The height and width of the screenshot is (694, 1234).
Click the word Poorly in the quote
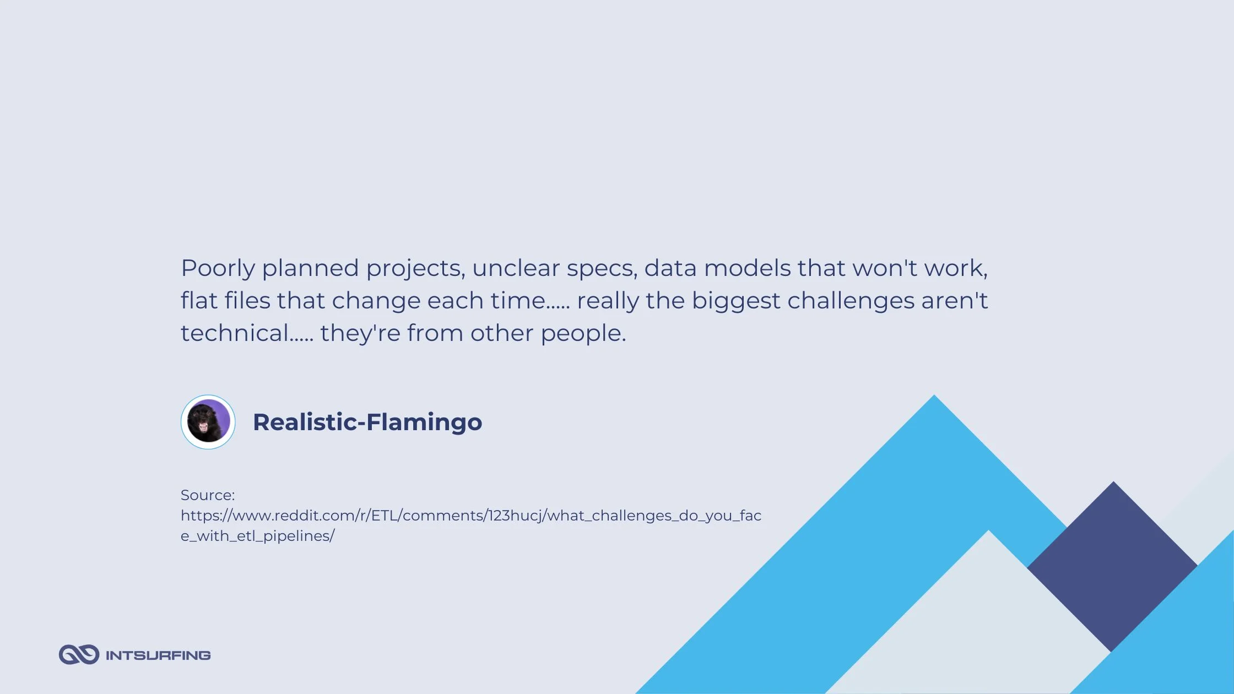218,269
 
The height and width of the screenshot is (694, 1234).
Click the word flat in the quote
198,300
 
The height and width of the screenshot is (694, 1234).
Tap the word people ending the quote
583,334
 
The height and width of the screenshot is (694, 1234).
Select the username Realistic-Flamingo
367,422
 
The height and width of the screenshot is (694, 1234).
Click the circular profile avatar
208,422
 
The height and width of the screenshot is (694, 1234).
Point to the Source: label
208,495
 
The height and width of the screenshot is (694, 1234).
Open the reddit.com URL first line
471,516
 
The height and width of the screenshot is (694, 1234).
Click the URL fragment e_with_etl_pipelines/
258,536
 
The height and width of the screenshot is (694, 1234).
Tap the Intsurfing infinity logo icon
79,654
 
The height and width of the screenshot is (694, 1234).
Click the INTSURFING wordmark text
158,655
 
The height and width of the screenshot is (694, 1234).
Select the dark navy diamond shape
1112,566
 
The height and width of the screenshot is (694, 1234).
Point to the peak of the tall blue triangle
934,395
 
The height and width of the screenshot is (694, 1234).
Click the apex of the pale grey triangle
989,530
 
